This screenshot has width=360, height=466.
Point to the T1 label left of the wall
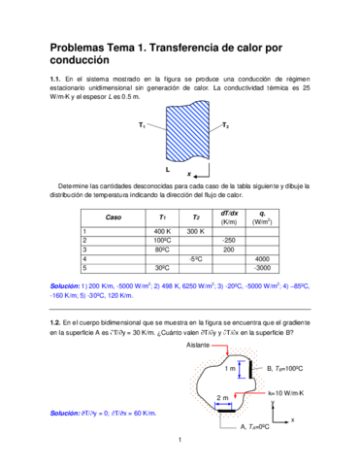tap(143, 125)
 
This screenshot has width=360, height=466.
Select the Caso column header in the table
tap(114, 217)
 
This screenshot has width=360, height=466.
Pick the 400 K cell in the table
tap(162, 231)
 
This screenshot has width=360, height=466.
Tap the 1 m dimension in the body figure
tap(230, 370)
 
